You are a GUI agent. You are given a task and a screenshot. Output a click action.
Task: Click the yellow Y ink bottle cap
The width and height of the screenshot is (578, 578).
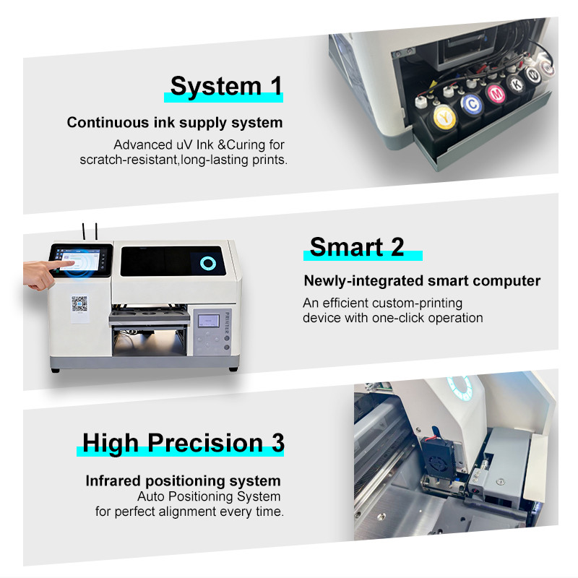coord(445,118)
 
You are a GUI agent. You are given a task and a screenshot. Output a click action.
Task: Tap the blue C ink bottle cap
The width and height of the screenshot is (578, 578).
coord(472,105)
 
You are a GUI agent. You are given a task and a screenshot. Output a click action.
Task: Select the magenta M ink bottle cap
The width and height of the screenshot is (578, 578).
coord(496,94)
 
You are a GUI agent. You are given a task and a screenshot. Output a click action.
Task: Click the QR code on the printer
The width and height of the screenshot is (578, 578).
coord(79,303)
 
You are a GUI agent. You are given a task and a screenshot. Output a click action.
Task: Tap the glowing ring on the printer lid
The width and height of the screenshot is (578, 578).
coord(208,263)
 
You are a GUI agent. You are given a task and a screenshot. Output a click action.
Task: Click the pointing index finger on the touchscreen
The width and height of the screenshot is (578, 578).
coord(60,264)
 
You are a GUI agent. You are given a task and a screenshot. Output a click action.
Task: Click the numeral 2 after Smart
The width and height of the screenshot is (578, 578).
coord(397,247)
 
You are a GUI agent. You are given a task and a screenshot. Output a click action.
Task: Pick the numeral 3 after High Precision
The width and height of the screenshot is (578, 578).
coord(278,442)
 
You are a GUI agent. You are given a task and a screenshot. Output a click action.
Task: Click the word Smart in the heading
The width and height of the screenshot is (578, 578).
coord(347,247)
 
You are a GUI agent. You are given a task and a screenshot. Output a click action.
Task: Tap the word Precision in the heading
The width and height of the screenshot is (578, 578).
coord(206,442)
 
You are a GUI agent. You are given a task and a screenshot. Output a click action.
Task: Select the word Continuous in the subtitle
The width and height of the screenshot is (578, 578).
coord(108,122)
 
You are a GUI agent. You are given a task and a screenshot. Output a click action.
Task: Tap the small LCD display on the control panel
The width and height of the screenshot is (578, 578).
coord(209,321)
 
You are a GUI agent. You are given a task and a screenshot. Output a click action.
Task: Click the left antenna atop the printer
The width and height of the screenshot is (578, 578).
coord(84,232)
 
